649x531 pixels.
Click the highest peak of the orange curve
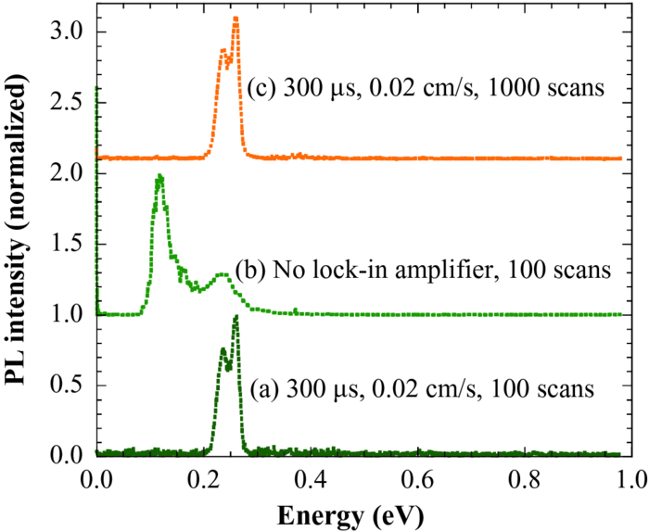click(235, 19)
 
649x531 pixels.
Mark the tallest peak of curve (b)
click(160, 176)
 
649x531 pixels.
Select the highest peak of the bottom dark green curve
click(235, 317)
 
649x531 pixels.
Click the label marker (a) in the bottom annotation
click(264, 388)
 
